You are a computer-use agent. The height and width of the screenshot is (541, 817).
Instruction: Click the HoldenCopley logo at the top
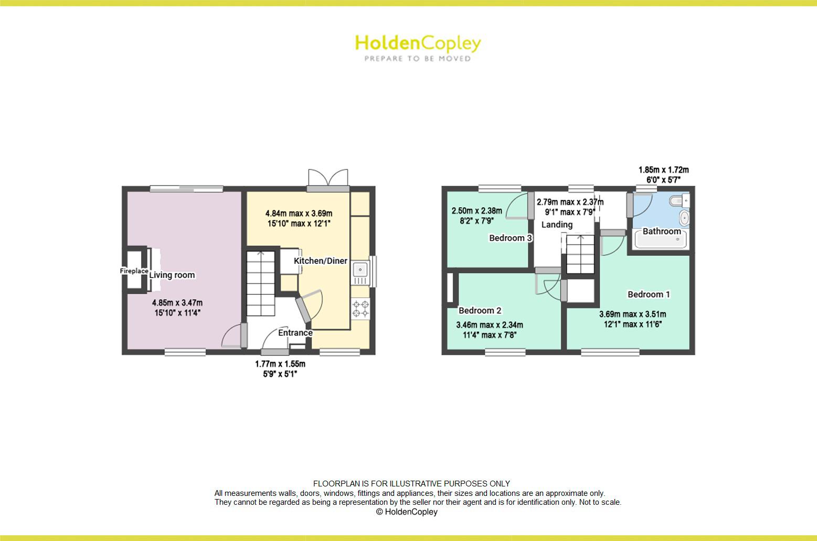pos(418,47)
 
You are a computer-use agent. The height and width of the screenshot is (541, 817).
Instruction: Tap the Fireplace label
pos(134,271)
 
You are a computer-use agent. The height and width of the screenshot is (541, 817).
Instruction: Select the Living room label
pos(172,275)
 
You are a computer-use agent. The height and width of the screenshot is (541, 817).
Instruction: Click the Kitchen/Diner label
pos(320,261)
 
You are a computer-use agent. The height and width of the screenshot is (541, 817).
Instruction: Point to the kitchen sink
pos(360,270)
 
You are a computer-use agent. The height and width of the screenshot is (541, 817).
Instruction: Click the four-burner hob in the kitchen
pos(360,308)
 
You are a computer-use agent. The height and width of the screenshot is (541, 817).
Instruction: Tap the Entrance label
pos(295,333)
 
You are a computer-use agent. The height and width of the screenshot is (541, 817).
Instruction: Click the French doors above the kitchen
pos(328,178)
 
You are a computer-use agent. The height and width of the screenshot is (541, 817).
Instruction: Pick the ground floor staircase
pos(261,283)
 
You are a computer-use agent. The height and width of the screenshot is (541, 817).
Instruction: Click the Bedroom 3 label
pos(511,238)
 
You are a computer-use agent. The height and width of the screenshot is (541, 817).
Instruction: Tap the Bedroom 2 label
pos(480,310)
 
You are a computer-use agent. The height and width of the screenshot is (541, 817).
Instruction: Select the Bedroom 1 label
pos(649,294)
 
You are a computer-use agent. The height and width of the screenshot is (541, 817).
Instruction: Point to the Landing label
pos(557,225)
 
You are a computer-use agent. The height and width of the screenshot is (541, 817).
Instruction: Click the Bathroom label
pos(662,231)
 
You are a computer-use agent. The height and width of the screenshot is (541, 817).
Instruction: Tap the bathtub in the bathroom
pos(661,241)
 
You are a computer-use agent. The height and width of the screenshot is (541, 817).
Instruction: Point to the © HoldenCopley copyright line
pos(407,512)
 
